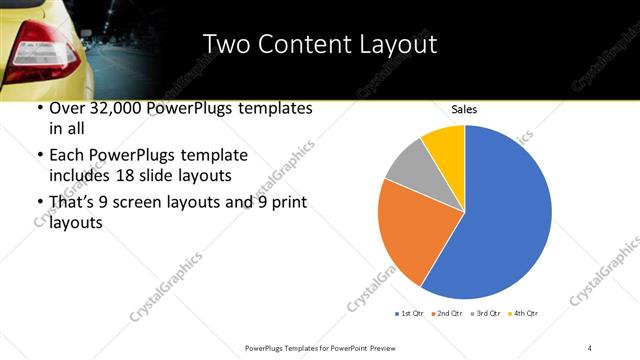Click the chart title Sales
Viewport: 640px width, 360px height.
[464, 107]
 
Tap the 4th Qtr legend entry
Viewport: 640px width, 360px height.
[523, 314]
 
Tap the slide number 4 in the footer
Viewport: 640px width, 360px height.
[589, 347]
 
